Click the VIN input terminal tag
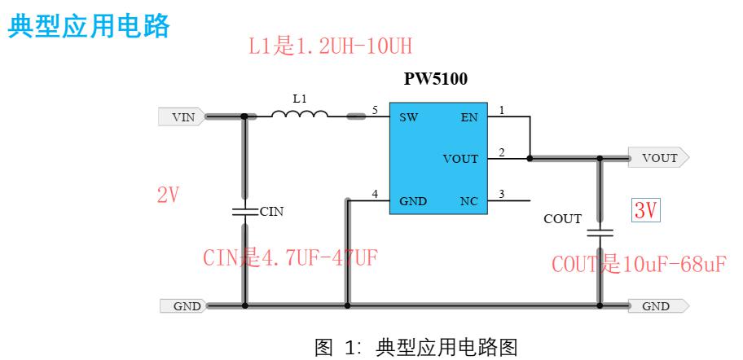click(182, 116)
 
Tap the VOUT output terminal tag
click(658, 158)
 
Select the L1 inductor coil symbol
click(300, 114)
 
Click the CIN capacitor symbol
click(245, 211)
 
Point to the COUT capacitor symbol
click(600, 233)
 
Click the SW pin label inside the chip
click(409, 117)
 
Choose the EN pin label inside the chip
click(469, 117)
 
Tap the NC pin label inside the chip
click(469, 201)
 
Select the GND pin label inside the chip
click(413, 201)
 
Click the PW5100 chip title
click(436, 79)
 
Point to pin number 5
click(375, 111)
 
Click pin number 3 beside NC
click(502, 194)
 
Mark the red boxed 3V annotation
click(646, 211)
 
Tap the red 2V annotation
click(168, 195)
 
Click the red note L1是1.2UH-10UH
click(330, 47)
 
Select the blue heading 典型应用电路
click(89, 26)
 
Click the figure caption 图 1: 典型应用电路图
click(416, 347)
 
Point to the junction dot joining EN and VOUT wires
click(530, 158)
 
